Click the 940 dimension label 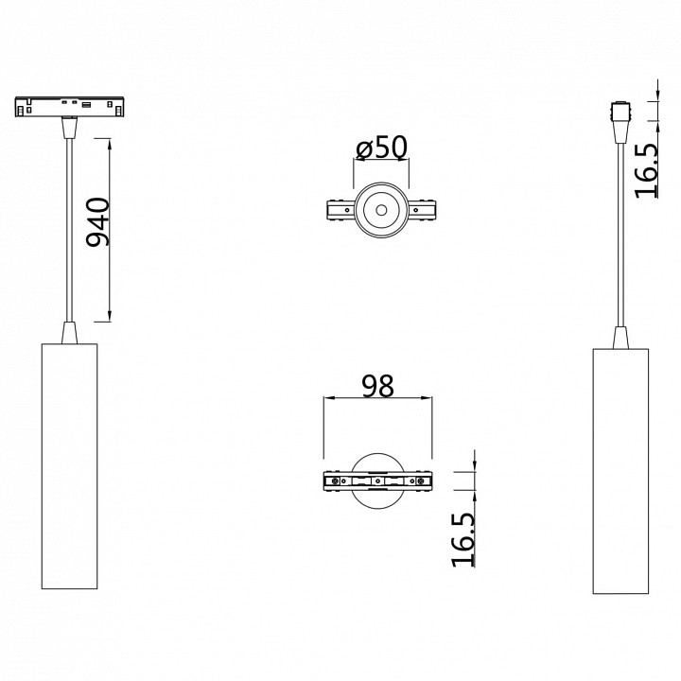(x=98, y=223)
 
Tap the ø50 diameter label (x=381, y=148)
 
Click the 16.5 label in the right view (x=647, y=170)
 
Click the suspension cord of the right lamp (x=620, y=236)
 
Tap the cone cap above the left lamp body (x=69, y=332)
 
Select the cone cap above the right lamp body (x=620, y=338)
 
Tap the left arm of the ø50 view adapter (x=340, y=210)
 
